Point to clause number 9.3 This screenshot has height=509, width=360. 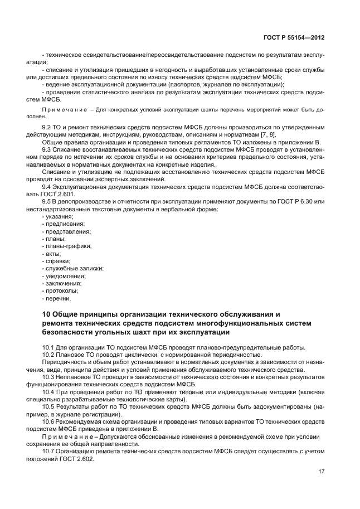point(47,150)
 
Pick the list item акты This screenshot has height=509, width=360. point(54,253)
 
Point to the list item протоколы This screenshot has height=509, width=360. point(62,290)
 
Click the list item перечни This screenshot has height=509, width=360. point(59,298)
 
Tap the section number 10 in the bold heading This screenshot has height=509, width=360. point(46,314)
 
